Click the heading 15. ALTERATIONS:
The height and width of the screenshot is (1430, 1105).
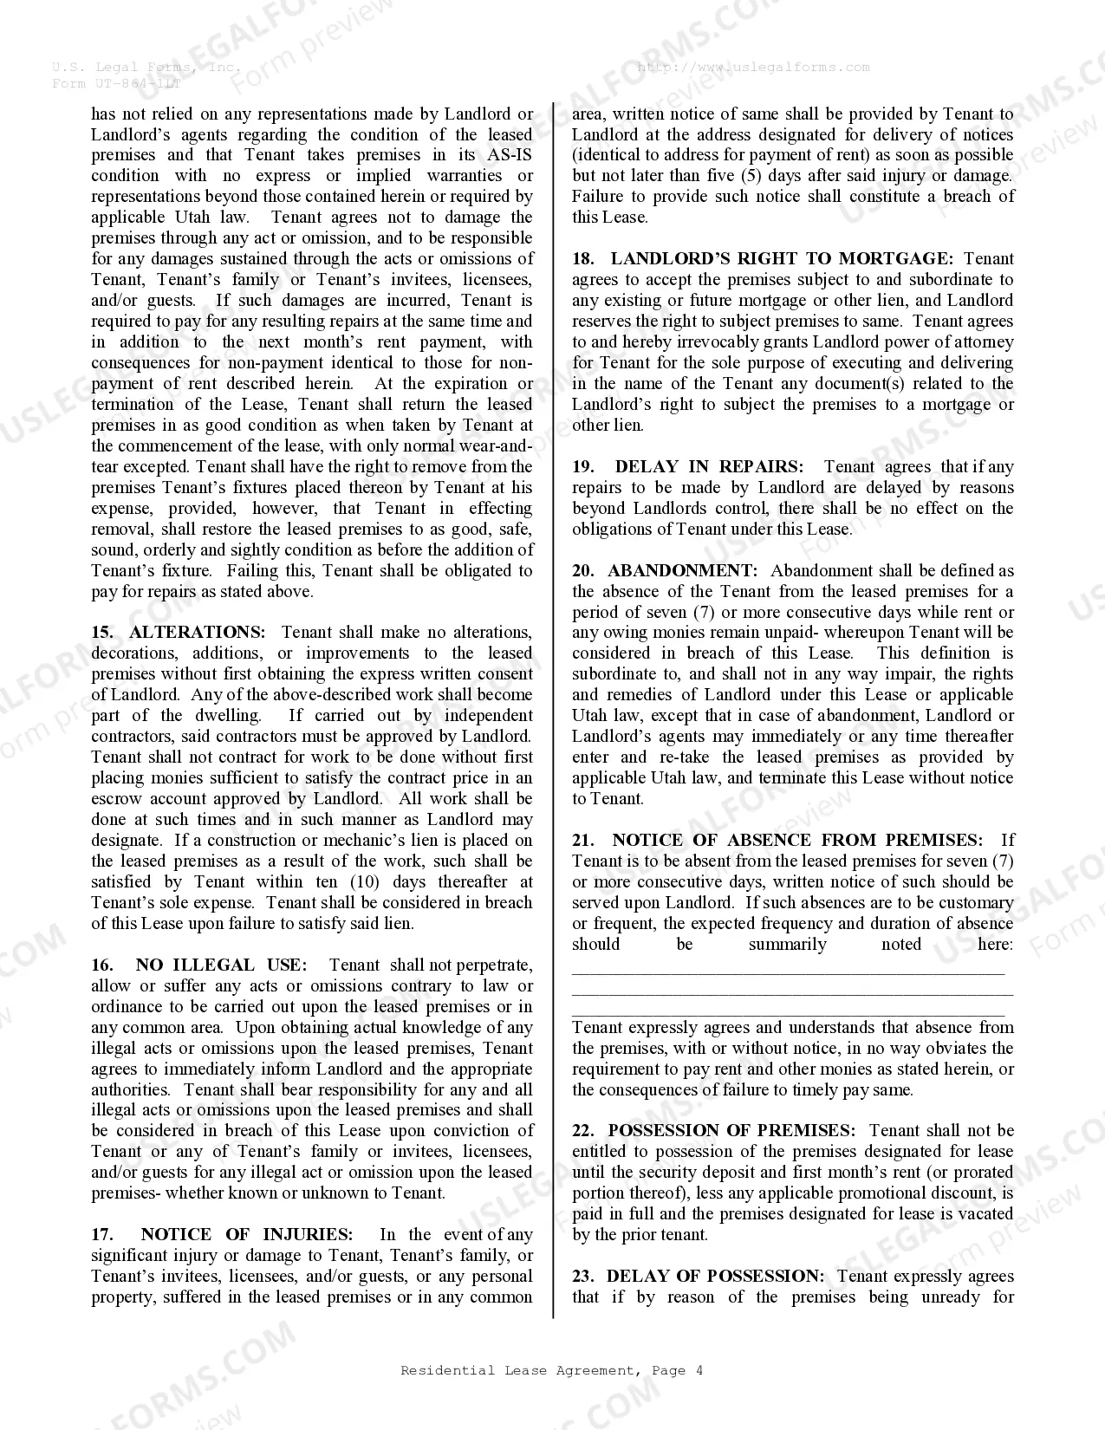coord(179,633)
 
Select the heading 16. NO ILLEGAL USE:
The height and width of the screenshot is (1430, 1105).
coord(199,965)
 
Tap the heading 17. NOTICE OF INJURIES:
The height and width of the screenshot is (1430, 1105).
coord(222,1235)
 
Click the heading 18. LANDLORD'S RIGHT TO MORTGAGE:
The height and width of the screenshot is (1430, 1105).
coord(763,259)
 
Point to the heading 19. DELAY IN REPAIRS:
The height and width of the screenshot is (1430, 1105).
coord(687,467)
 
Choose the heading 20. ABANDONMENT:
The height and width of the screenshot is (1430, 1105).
coord(665,571)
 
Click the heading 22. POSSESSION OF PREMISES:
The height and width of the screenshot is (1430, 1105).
coord(713,1131)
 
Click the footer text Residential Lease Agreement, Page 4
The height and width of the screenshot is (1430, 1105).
coord(551,1370)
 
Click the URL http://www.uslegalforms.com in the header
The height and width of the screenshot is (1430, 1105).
coord(753,68)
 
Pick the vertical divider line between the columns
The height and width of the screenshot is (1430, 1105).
coord(553,711)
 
